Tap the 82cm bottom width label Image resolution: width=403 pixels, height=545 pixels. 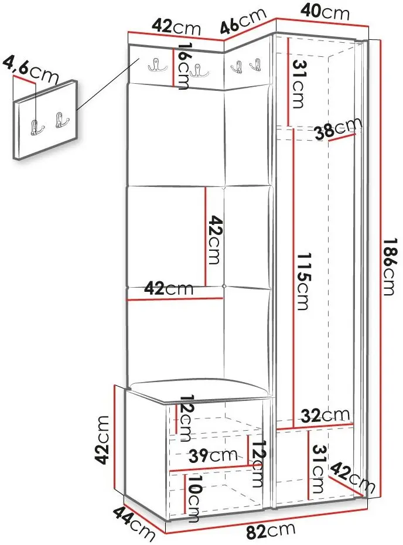(271, 531)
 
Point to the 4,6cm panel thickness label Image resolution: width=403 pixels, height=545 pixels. (30, 71)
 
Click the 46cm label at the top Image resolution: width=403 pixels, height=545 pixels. (243, 22)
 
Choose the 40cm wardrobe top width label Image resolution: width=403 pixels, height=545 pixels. (325, 12)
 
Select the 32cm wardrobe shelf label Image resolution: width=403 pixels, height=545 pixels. (325, 415)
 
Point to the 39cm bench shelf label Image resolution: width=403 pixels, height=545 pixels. (213, 455)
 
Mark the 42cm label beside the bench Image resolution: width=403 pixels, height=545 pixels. (103, 440)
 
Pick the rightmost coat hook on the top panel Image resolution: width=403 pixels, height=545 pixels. (256, 64)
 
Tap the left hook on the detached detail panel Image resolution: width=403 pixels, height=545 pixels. (36, 127)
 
